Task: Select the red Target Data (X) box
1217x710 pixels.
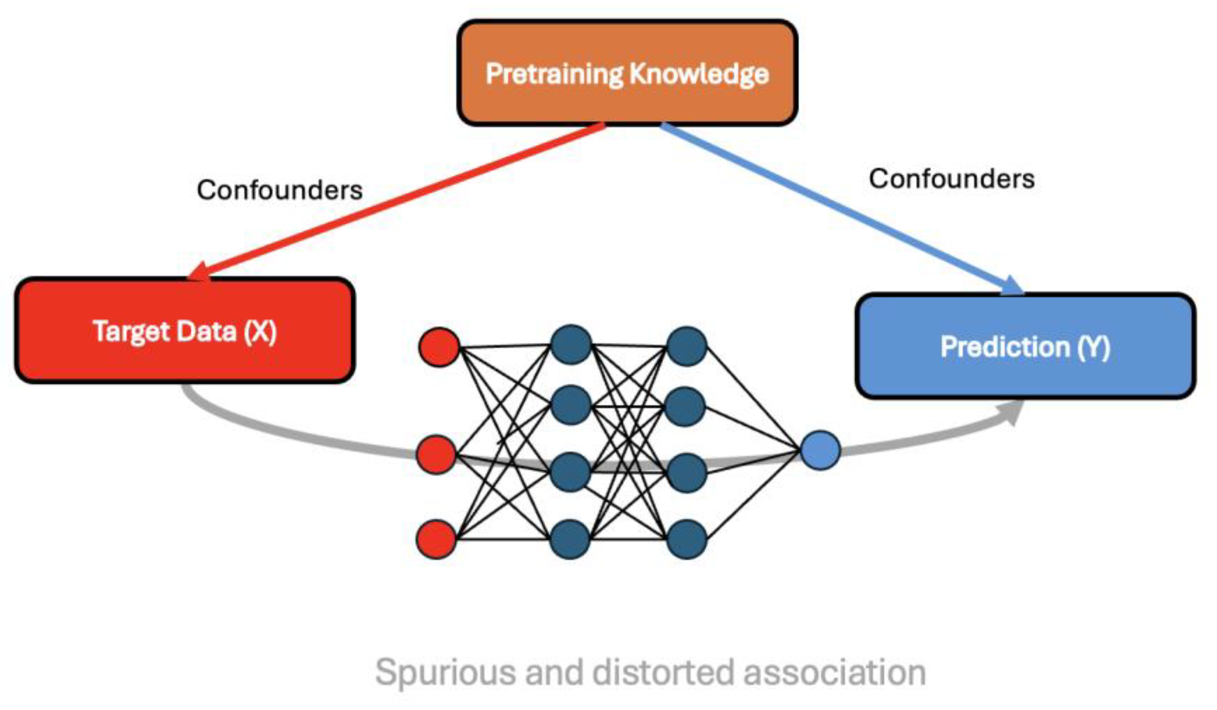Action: tap(185, 331)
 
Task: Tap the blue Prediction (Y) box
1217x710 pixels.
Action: tap(1025, 346)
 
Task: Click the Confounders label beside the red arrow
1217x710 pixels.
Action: tap(279, 190)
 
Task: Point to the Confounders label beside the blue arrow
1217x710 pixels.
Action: tap(952, 179)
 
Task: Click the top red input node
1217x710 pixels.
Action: tap(438, 347)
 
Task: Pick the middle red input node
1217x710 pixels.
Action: tap(436, 454)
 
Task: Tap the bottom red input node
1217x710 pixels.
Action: tap(436, 539)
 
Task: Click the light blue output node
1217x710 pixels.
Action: tap(820, 450)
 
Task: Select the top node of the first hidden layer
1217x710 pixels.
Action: tap(571, 344)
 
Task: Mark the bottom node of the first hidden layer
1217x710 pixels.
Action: tap(570, 539)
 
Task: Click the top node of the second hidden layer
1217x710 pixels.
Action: tap(686, 346)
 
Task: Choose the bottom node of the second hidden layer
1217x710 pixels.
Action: tap(686, 539)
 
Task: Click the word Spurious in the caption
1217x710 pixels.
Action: tap(444, 673)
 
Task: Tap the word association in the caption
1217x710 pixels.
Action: tap(835, 673)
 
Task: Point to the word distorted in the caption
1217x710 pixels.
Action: tap(663, 673)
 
